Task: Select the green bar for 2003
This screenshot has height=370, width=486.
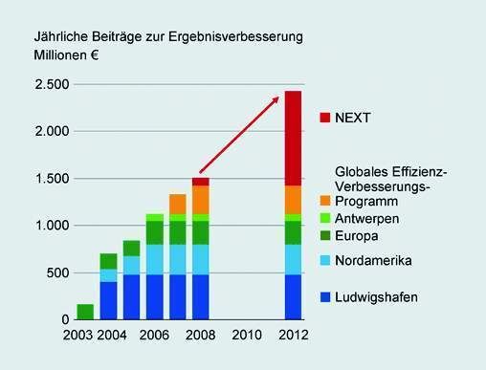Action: pyautogui.click(x=85, y=312)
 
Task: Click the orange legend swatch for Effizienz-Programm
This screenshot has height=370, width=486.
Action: pyautogui.click(x=324, y=199)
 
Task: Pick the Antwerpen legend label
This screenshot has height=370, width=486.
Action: pyautogui.click(x=366, y=218)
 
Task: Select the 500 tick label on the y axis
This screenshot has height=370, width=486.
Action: pyautogui.click(x=56, y=272)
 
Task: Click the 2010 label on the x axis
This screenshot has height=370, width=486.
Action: pyautogui.click(x=247, y=336)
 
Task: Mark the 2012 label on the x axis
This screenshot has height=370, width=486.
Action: pyautogui.click(x=294, y=336)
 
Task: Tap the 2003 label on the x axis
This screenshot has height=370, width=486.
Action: pyautogui.click(x=77, y=336)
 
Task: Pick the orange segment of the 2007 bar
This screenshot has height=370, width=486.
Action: pyautogui.click(x=177, y=204)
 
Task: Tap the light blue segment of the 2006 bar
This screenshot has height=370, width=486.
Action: pyautogui.click(x=154, y=259)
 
